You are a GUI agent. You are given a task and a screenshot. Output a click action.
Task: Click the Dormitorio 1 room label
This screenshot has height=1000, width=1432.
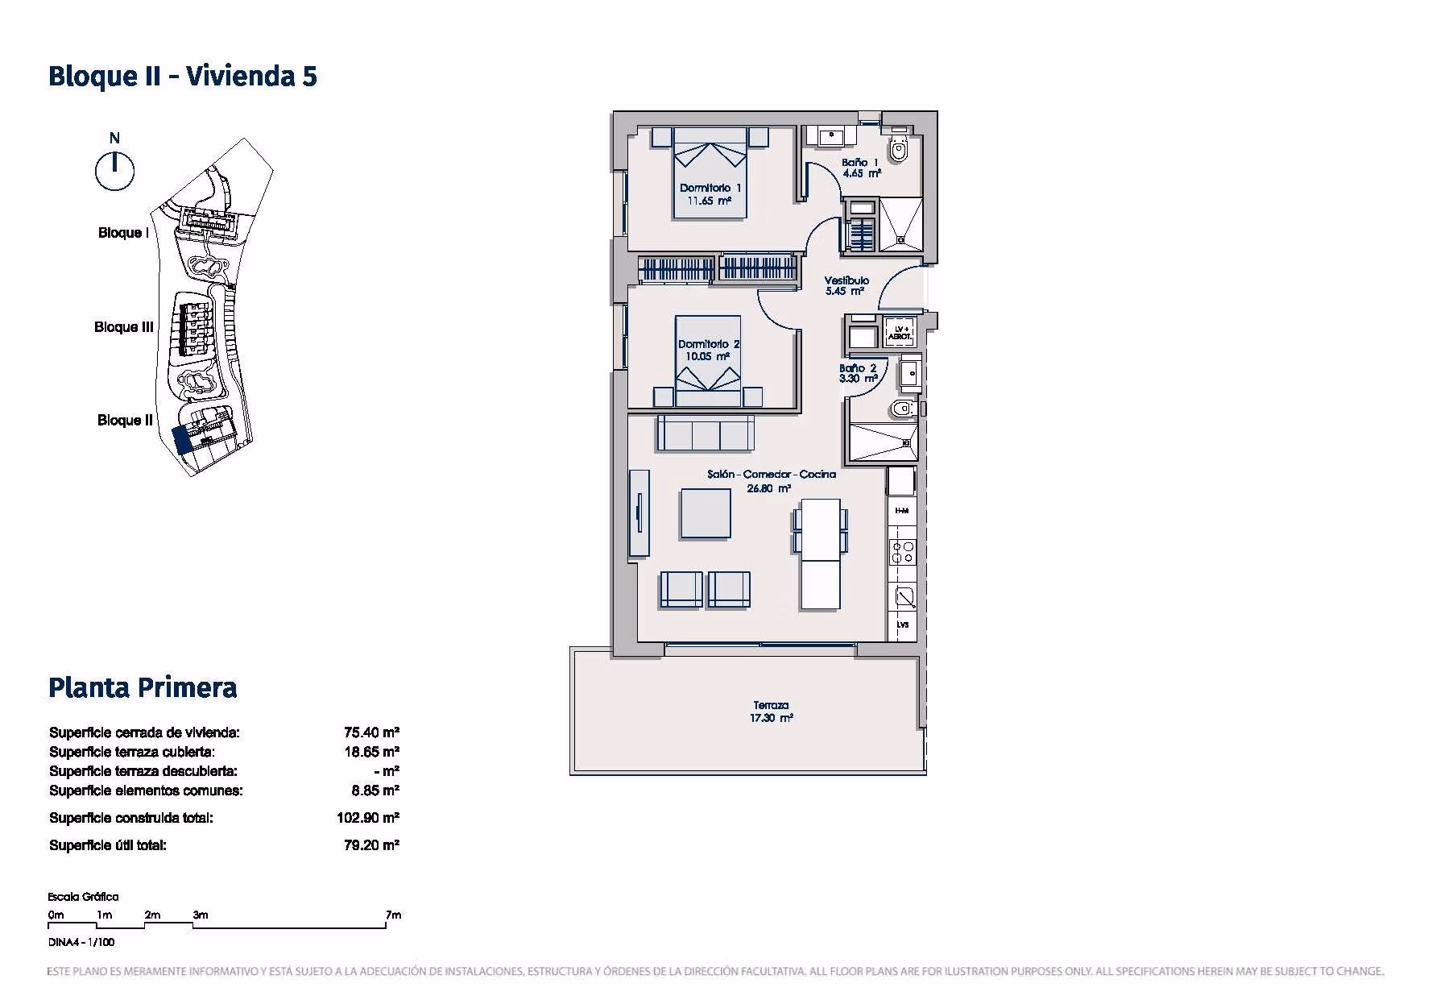(710, 194)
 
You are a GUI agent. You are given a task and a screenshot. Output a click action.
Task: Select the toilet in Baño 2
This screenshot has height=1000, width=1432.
(904, 409)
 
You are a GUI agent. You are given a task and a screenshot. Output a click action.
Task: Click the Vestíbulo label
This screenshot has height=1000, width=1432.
(846, 286)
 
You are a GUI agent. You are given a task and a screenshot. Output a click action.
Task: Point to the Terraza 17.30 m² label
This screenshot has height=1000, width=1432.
(772, 712)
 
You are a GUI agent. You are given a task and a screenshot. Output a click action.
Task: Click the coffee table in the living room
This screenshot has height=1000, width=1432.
(706, 513)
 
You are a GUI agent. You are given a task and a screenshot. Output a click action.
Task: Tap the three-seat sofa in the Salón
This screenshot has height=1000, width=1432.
(706, 433)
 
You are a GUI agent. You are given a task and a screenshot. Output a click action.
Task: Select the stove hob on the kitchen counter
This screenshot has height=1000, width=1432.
(903, 552)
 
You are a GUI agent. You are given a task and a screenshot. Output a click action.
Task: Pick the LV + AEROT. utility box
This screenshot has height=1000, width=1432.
(900, 331)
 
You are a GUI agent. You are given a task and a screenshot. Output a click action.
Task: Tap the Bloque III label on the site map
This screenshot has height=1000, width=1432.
(124, 327)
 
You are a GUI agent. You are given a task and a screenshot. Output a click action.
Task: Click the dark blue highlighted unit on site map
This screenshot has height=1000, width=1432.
(183, 439)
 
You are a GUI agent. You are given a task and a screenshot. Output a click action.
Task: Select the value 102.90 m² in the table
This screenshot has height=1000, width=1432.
(368, 818)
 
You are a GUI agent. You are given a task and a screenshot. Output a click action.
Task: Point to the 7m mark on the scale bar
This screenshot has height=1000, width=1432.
(393, 915)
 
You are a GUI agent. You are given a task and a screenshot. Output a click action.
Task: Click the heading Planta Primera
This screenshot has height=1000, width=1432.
(143, 687)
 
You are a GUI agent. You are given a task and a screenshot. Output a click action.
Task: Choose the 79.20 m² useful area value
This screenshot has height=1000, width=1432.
(371, 845)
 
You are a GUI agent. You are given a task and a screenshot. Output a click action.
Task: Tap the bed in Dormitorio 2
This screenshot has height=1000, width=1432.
(708, 361)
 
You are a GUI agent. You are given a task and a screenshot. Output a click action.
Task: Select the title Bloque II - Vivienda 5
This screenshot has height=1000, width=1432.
(183, 76)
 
